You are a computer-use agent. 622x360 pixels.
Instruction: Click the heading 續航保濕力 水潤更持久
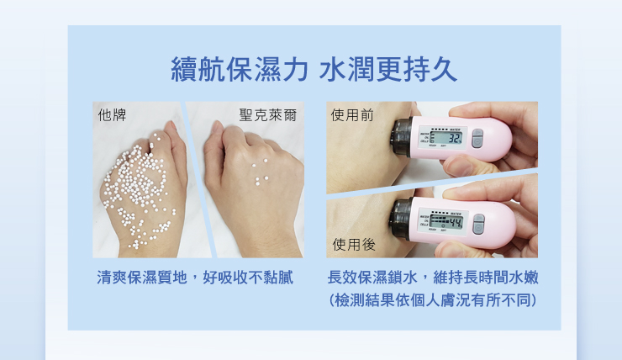(x=314, y=69)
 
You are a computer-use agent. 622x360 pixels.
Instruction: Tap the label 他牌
(x=113, y=115)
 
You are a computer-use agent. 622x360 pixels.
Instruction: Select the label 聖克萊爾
(x=268, y=115)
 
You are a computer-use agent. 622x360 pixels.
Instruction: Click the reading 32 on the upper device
(x=455, y=139)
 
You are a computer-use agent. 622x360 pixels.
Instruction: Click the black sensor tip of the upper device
(x=402, y=137)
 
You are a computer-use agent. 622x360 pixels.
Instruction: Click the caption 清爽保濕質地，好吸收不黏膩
(x=195, y=278)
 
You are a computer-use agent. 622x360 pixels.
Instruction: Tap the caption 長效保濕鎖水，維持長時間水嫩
(x=433, y=278)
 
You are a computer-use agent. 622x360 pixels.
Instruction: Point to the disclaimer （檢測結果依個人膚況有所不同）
(x=433, y=300)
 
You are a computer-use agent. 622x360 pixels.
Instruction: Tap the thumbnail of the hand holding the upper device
(x=492, y=137)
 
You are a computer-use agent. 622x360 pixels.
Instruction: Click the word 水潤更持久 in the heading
(x=388, y=69)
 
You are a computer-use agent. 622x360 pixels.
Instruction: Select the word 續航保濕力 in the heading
(x=240, y=69)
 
